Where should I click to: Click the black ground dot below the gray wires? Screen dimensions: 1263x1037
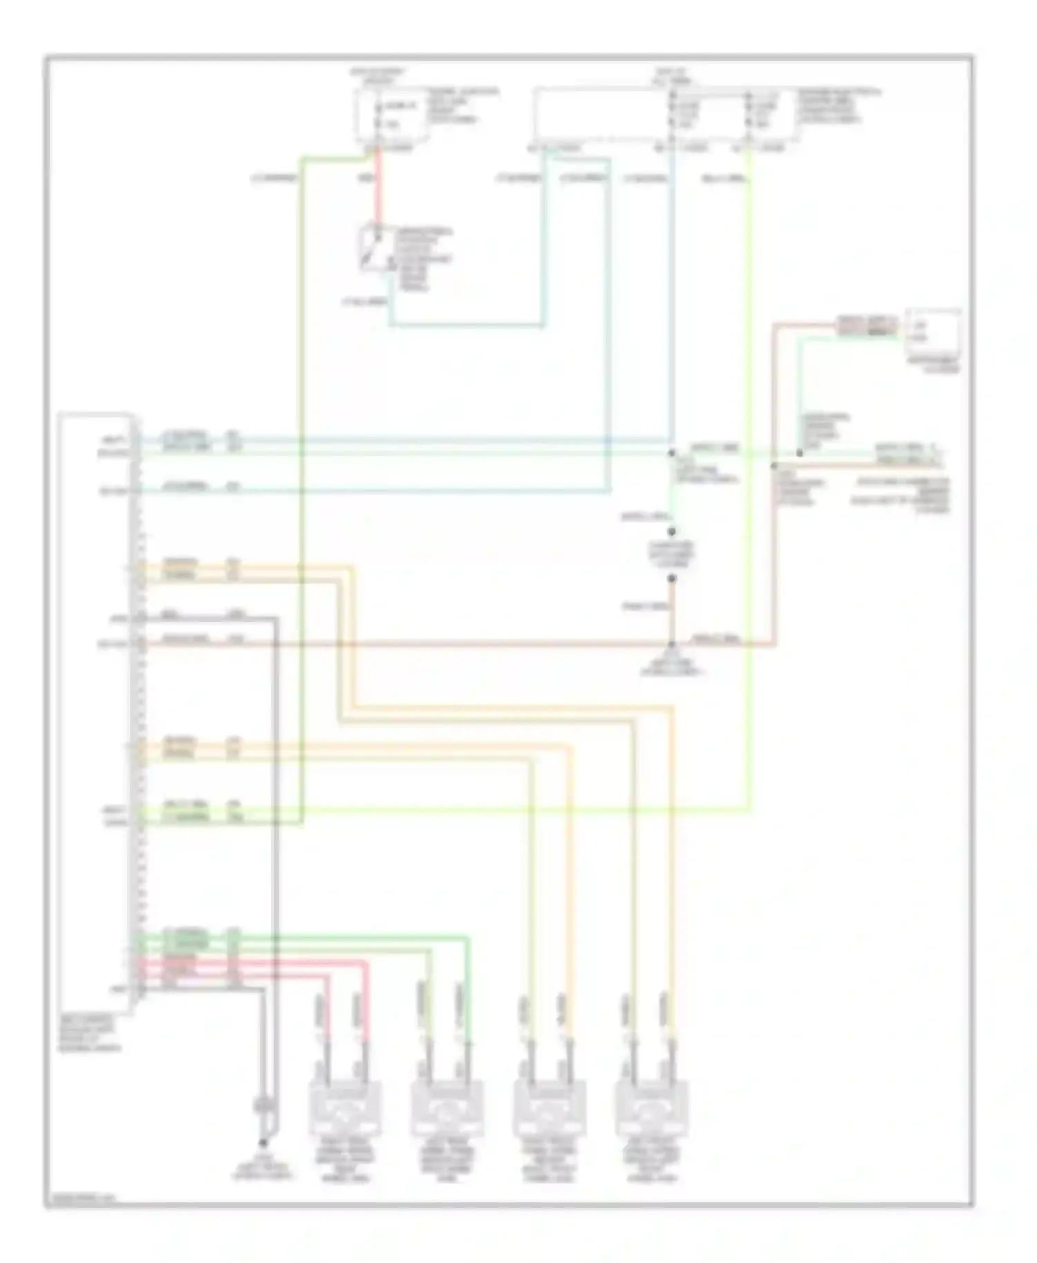pos(263,1143)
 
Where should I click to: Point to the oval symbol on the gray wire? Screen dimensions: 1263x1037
pos(263,1105)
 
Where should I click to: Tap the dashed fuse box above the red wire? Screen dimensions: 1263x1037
pos(391,115)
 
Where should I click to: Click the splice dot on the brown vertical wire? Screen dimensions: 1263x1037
pos(774,466)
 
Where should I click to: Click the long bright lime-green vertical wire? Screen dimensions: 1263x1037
pos(749,484)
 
